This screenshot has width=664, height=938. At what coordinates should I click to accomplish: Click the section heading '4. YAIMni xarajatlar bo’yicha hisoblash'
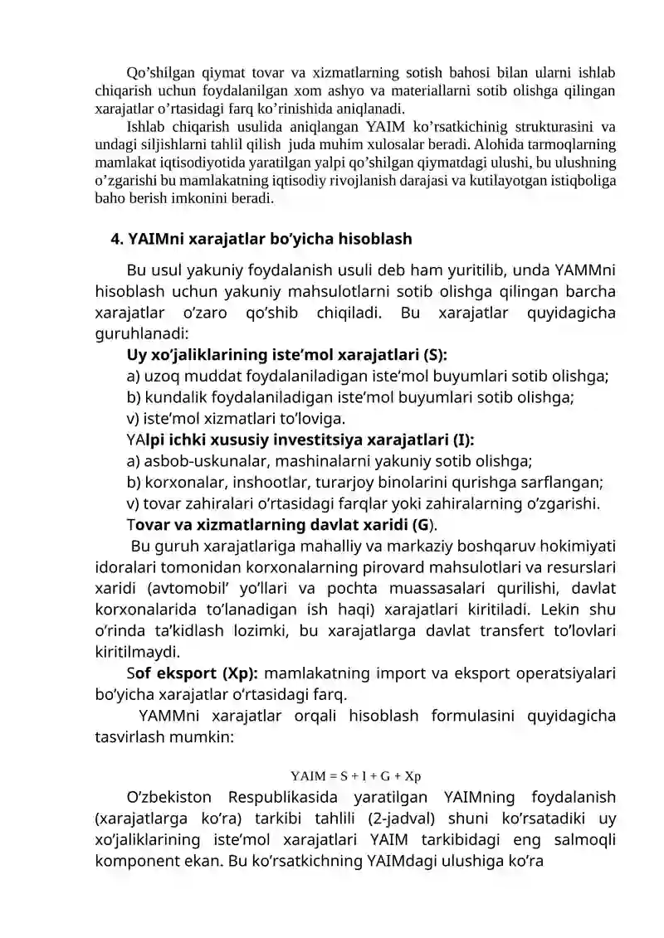coord(261,240)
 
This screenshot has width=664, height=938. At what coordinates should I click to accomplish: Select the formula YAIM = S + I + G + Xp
coord(356,776)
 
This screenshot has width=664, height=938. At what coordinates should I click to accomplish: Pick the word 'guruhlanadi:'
coord(142,334)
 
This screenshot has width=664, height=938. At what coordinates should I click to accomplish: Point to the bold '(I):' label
coord(470,438)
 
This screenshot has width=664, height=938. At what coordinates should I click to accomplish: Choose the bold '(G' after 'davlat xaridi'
coord(420,524)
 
